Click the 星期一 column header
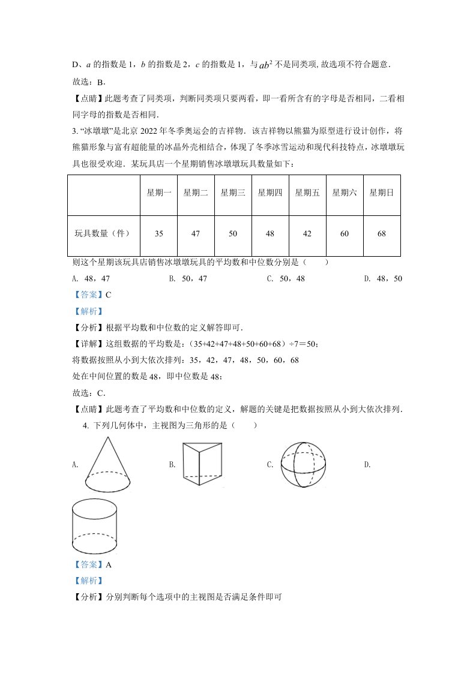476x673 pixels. point(158,193)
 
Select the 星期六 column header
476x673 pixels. point(344,193)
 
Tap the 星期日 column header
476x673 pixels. point(381,193)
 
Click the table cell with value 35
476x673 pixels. point(158,234)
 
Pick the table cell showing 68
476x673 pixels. point(381,234)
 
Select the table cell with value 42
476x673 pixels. point(307,234)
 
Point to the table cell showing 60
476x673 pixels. point(344,234)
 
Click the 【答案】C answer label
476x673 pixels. point(92,295)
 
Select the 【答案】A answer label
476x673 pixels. point(92,564)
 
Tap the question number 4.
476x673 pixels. point(86,425)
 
